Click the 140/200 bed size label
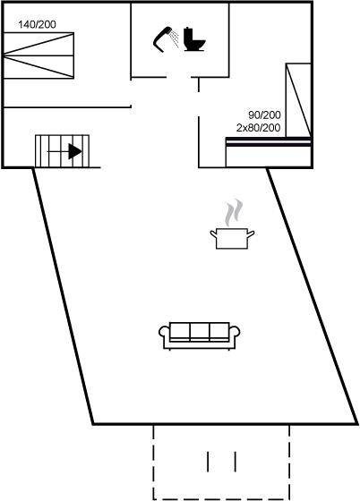point(37,24)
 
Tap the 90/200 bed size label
point(264,115)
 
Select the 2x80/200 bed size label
point(258,128)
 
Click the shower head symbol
point(166,39)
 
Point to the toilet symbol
point(194,39)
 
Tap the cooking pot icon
point(232,238)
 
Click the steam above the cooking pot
point(234,213)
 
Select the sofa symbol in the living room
point(199,335)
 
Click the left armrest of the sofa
point(165,333)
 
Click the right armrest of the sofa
point(235,333)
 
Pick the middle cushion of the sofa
point(200,331)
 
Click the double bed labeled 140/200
point(39,55)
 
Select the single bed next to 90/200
point(298,100)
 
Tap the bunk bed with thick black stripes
point(269,152)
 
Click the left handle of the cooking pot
point(213,234)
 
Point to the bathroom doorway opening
point(179,77)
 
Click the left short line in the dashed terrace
point(208,462)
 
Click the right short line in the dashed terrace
point(236,462)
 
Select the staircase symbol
point(62,151)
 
